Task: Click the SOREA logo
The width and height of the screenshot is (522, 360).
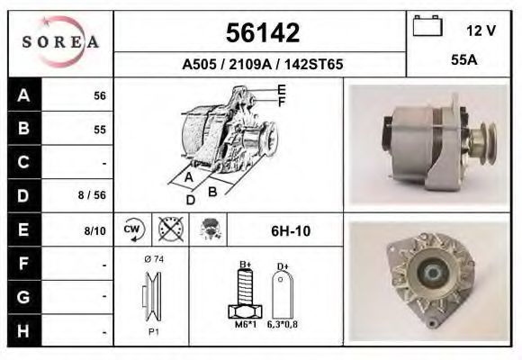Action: click(x=60, y=41)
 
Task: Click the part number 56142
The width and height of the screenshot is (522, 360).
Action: click(x=263, y=32)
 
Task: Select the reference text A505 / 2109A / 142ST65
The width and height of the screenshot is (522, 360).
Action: click(x=262, y=64)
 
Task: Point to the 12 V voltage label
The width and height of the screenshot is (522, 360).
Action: click(x=481, y=31)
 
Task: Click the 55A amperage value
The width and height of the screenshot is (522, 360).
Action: click(x=464, y=60)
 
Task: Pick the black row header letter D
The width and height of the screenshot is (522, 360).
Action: click(x=23, y=196)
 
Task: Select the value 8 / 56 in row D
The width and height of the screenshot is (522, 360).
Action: click(x=92, y=195)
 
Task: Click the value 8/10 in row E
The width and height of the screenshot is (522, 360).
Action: click(x=94, y=230)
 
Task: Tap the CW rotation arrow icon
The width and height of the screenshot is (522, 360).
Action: click(x=134, y=229)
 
